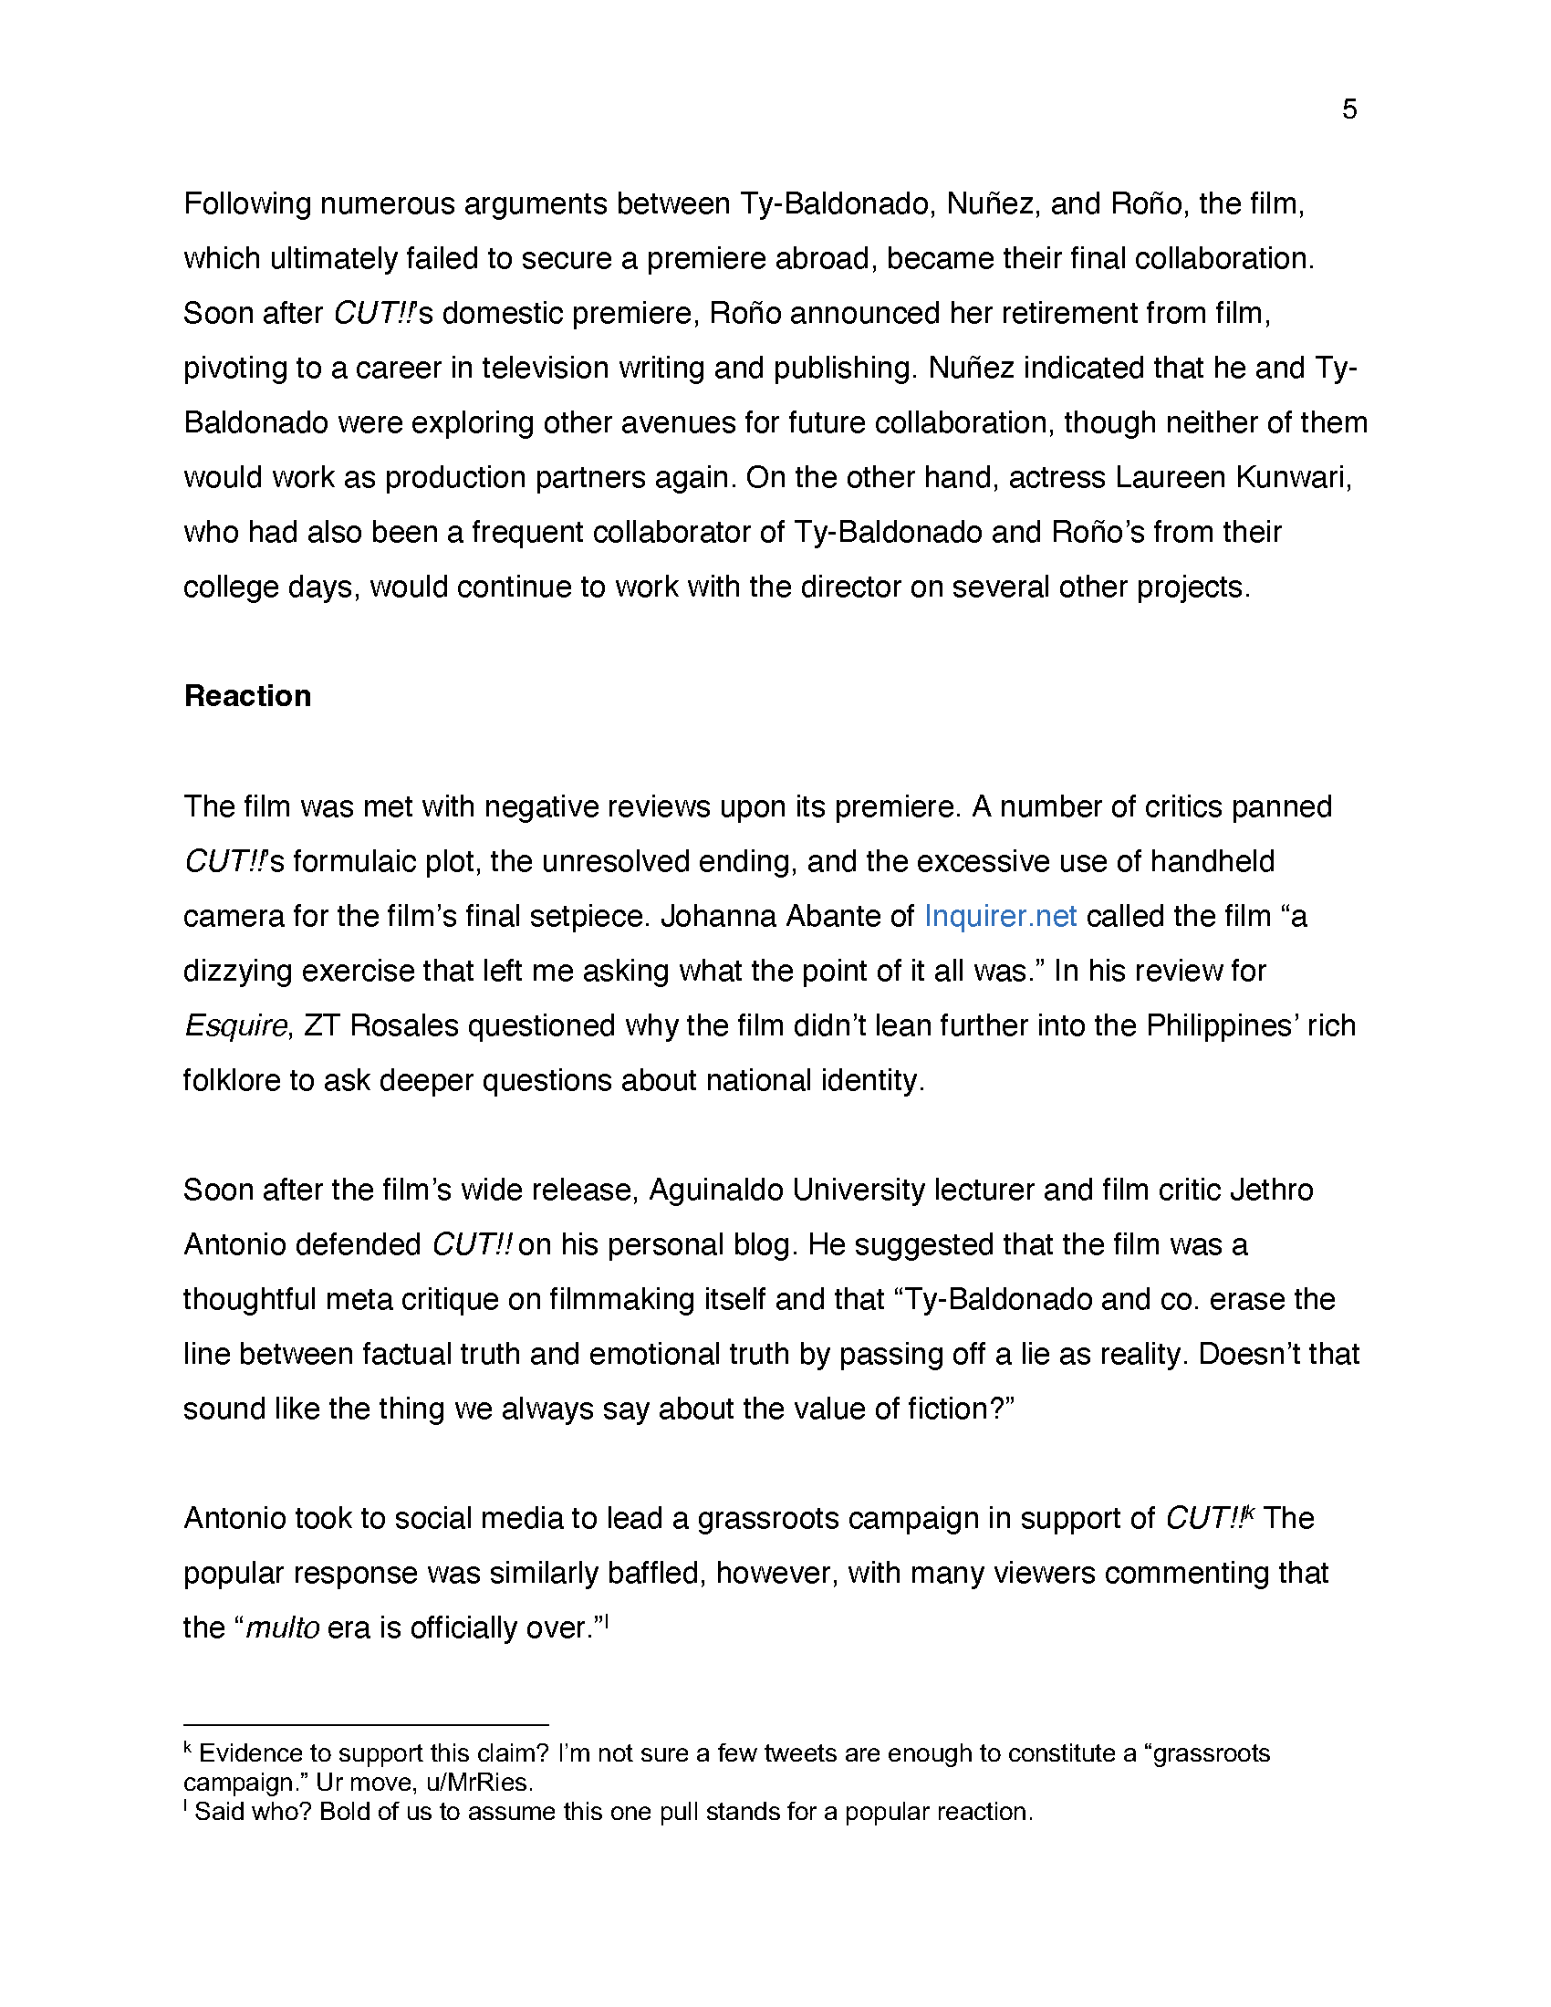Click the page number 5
(x=1348, y=109)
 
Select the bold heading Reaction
(x=247, y=696)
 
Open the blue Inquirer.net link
(x=1000, y=916)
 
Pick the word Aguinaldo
(x=716, y=1190)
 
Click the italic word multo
(x=283, y=1627)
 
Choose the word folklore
(x=231, y=1081)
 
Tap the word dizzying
(x=237, y=972)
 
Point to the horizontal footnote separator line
(x=366, y=1725)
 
